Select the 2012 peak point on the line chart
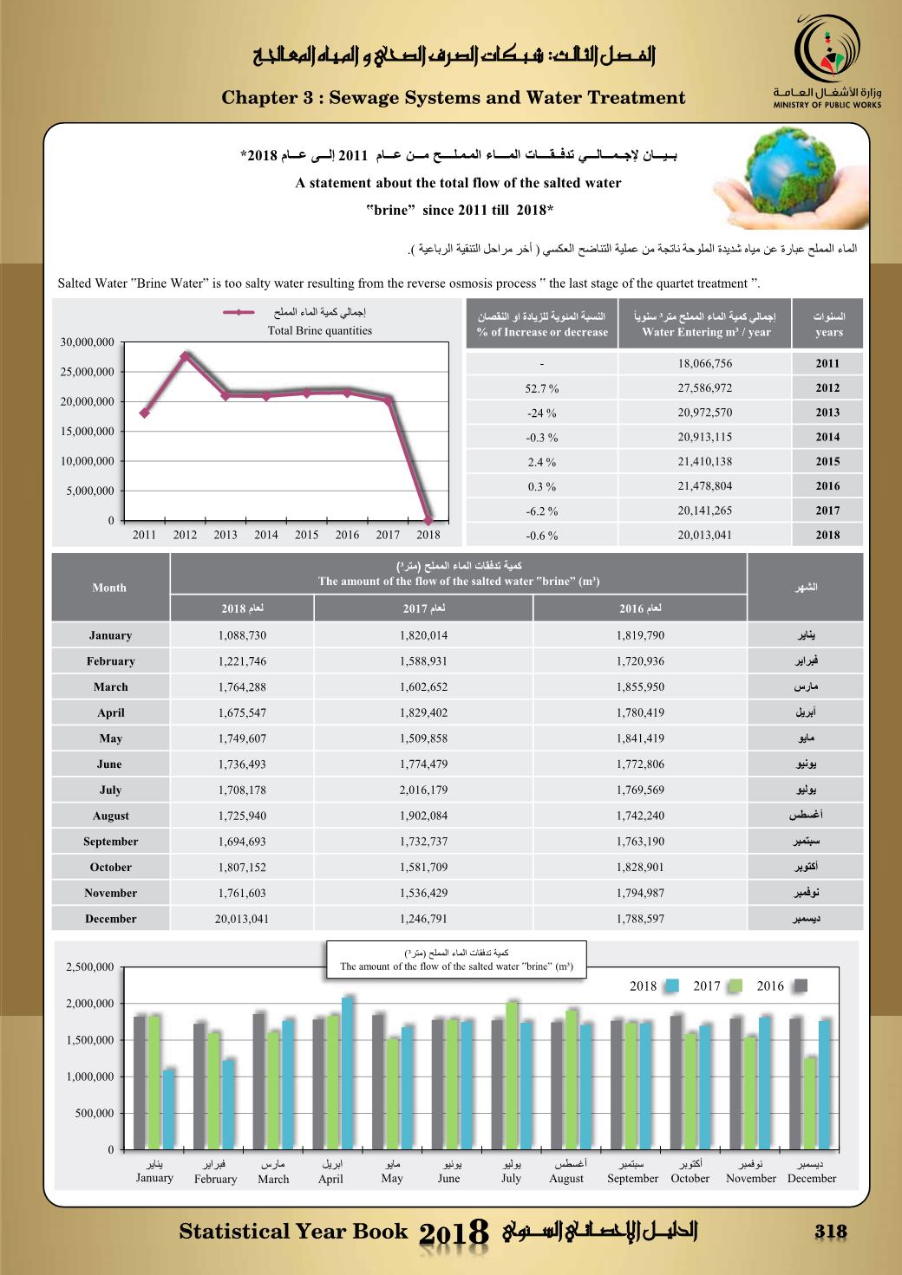(185, 355)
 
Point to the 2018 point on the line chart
(428, 519)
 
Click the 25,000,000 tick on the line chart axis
(87, 372)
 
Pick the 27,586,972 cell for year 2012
(704, 388)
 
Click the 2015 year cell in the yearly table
(827, 462)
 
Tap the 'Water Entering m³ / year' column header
(705, 332)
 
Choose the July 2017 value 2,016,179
(424, 790)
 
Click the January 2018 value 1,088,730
(242, 635)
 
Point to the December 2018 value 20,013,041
(242, 919)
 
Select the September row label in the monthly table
(110, 842)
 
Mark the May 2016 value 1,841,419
(640, 738)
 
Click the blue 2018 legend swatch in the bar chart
(672, 986)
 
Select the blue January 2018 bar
(169, 1109)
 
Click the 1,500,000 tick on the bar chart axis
(90, 1040)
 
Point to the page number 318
(830, 1231)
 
